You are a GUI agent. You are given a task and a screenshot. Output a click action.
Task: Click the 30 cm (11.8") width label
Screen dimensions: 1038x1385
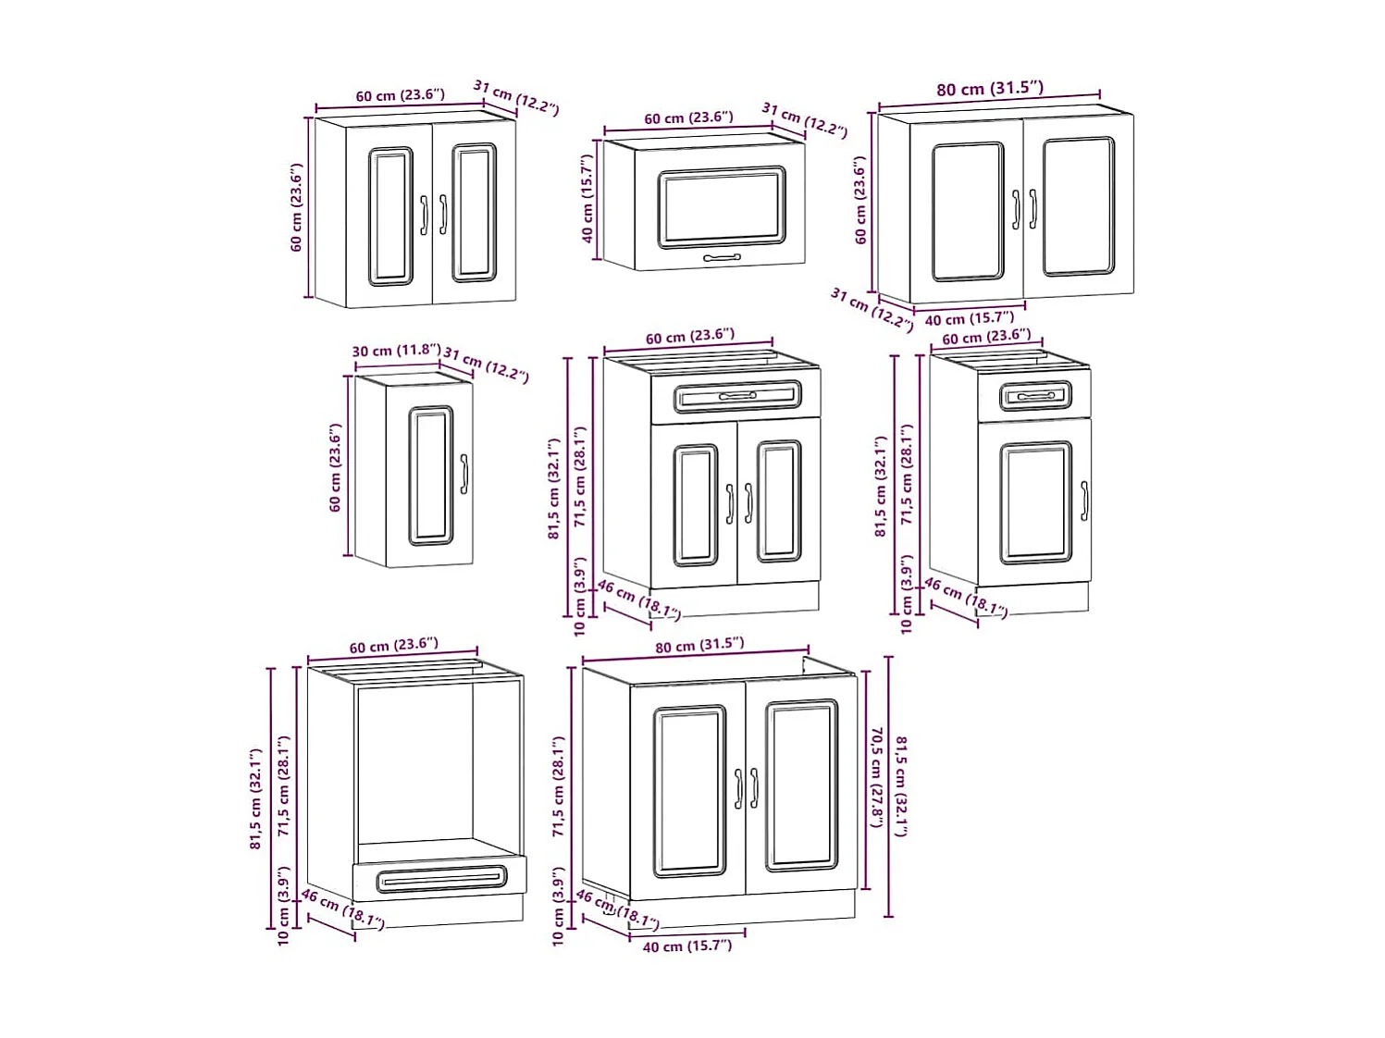[396, 351]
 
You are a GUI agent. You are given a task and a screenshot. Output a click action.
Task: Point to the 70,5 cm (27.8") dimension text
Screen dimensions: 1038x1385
[876, 777]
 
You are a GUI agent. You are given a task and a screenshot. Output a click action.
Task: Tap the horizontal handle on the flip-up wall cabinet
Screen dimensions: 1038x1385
[722, 258]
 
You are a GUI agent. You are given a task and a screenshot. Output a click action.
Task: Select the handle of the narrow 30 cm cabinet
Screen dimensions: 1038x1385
[464, 474]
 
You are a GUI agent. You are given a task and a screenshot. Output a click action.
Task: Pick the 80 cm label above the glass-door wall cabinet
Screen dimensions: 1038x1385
[989, 89]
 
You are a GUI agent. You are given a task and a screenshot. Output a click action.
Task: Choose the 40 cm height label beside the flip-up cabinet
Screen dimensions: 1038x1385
[587, 199]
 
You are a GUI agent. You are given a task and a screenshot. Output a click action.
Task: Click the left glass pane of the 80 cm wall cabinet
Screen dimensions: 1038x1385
[967, 211]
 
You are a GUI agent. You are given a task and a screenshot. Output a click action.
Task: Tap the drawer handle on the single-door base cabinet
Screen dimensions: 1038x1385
[1035, 396]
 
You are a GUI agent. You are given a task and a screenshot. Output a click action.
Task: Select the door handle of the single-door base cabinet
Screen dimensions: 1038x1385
[1084, 500]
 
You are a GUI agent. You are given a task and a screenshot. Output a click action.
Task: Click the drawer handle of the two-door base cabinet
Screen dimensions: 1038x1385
[737, 396]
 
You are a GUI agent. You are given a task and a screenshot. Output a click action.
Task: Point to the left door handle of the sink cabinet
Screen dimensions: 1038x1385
[738, 788]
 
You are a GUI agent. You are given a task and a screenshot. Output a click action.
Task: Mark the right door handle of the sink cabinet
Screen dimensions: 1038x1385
[754, 788]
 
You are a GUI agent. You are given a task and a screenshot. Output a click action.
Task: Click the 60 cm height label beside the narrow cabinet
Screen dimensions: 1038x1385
[335, 467]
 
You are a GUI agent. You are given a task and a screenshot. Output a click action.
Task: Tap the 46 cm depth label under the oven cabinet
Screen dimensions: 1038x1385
[341, 908]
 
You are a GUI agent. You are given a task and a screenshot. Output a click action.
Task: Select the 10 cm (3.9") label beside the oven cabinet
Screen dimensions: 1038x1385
[284, 907]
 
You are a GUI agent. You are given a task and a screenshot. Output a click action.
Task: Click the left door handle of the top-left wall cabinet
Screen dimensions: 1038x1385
[425, 215]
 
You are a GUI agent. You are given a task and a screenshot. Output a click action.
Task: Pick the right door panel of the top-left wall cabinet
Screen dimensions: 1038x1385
[474, 213]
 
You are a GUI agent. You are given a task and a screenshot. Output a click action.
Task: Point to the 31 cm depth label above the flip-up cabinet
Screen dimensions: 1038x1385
[804, 119]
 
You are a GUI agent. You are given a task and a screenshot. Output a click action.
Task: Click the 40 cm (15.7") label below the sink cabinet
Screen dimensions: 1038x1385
[686, 945]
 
